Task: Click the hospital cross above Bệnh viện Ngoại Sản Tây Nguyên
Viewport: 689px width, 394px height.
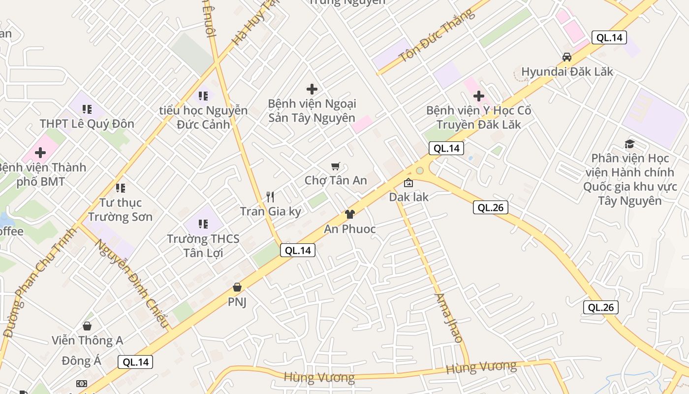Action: pyautogui.click(x=312, y=89)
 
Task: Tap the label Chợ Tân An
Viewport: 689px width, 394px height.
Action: pyautogui.click(x=336, y=180)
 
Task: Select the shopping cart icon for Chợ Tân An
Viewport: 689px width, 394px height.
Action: pyautogui.click(x=336, y=166)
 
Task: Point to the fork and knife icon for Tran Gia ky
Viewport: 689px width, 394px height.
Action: pyautogui.click(x=270, y=197)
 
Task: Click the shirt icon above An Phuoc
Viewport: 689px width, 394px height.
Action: pyautogui.click(x=349, y=214)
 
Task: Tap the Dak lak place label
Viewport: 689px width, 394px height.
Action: pyautogui.click(x=408, y=197)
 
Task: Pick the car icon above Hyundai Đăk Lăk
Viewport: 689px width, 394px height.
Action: pyautogui.click(x=567, y=57)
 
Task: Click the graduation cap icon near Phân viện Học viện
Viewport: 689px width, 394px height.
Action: pyautogui.click(x=629, y=144)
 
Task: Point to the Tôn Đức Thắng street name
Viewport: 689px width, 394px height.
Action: pyautogui.click(x=438, y=35)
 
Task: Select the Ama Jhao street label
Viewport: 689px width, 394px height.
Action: pyautogui.click(x=448, y=318)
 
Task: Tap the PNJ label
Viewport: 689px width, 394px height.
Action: pyautogui.click(x=237, y=301)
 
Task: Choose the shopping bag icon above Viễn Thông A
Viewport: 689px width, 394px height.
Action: pyautogui.click(x=87, y=326)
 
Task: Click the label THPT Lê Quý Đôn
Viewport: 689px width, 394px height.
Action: pyautogui.click(x=87, y=124)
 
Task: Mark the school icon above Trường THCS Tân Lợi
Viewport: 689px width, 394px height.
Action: pyautogui.click(x=203, y=224)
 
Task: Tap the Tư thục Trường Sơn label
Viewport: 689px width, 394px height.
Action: pyautogui.click(x=120, y=209)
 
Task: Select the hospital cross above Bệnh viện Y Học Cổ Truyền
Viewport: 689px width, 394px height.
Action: pyautogui.click(x=478, y=96)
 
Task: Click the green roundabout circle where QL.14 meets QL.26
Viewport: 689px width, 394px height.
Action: pyautogui.click(x=419, y=171)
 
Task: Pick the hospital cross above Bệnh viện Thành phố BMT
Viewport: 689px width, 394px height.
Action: pyautogui.click(x=40, y=153)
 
